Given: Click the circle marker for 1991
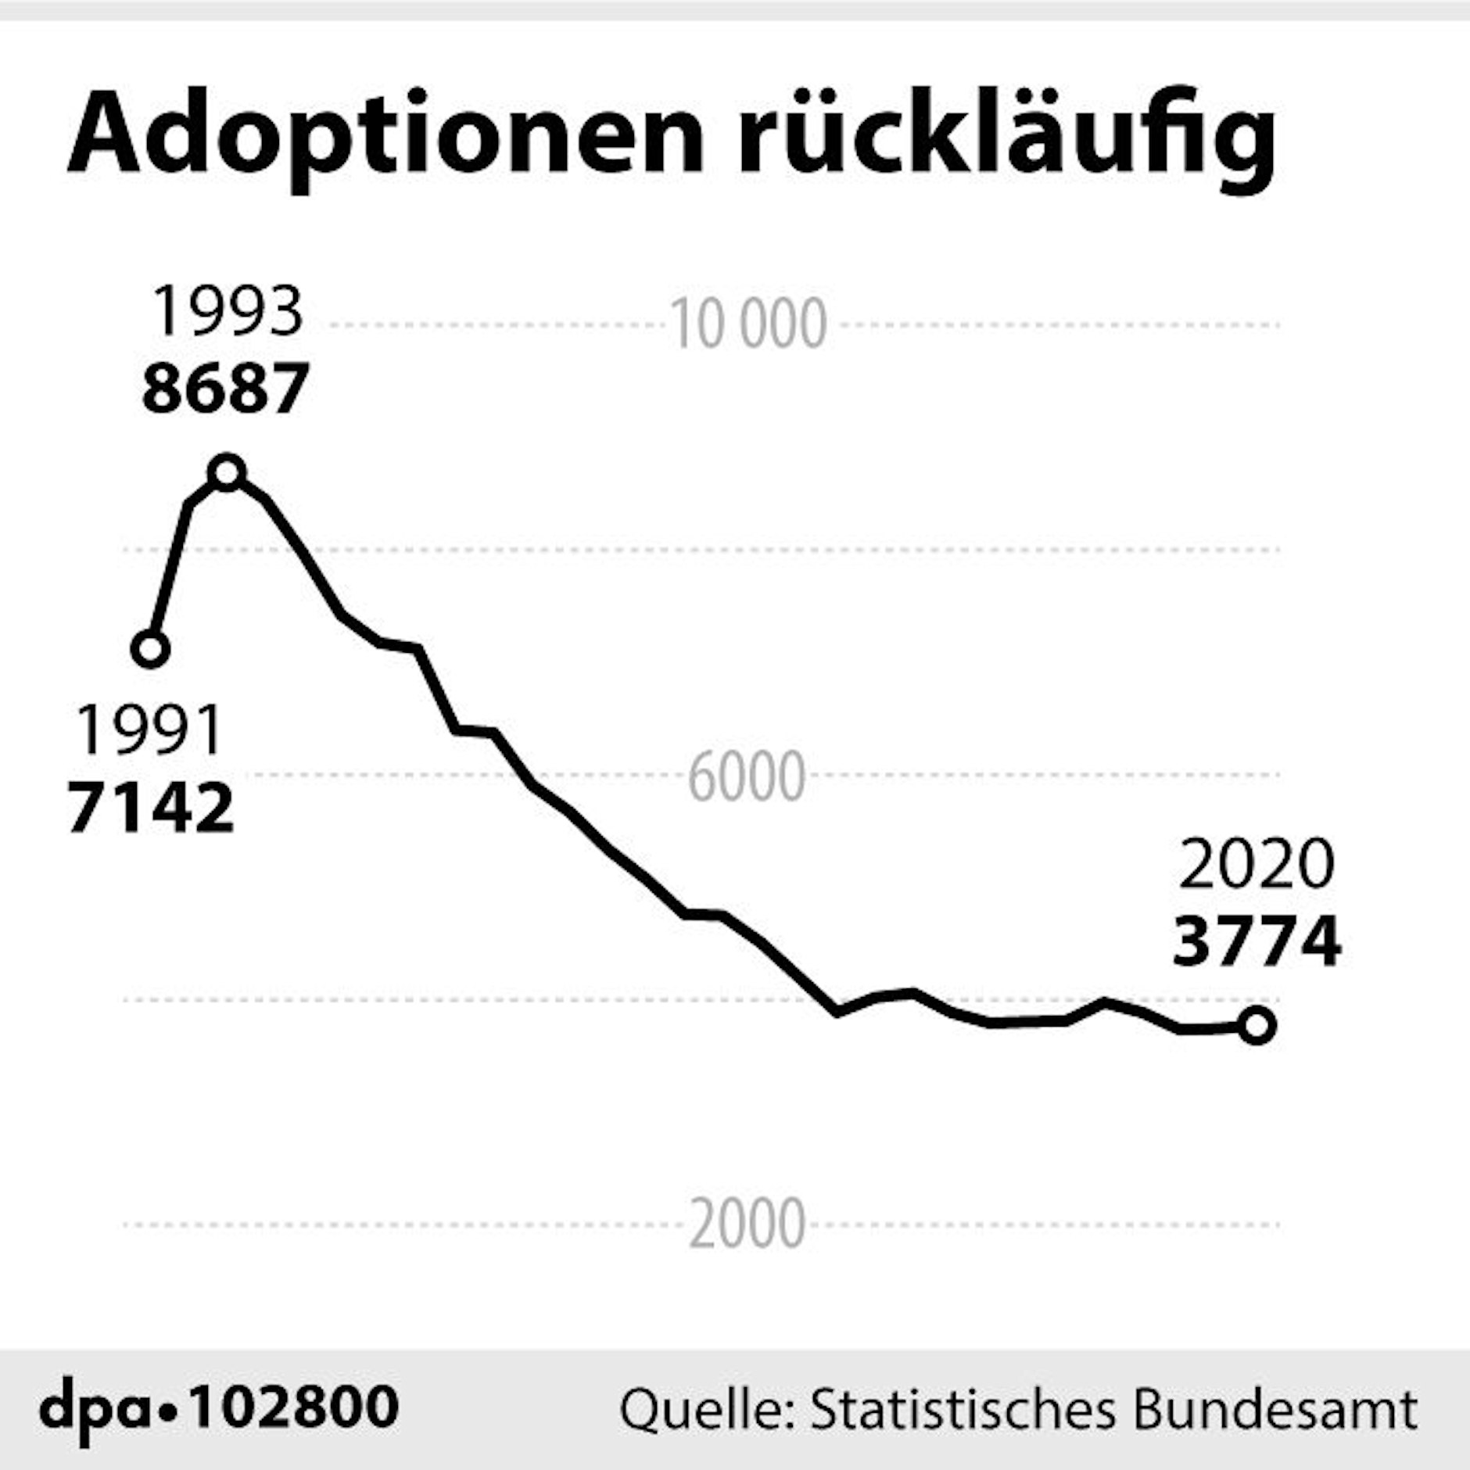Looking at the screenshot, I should coord(151,649).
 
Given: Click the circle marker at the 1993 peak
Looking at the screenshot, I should coord(227,472).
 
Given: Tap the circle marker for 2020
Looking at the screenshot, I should coord(1257,1025).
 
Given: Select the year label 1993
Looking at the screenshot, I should coord(227,312).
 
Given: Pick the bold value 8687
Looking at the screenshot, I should coord(226,388).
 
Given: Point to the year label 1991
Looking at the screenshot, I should coord(150,731).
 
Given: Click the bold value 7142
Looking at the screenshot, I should coord(151,808).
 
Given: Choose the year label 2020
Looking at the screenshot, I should coord(1257,865).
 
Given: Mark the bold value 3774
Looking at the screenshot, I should coord(1257,941).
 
